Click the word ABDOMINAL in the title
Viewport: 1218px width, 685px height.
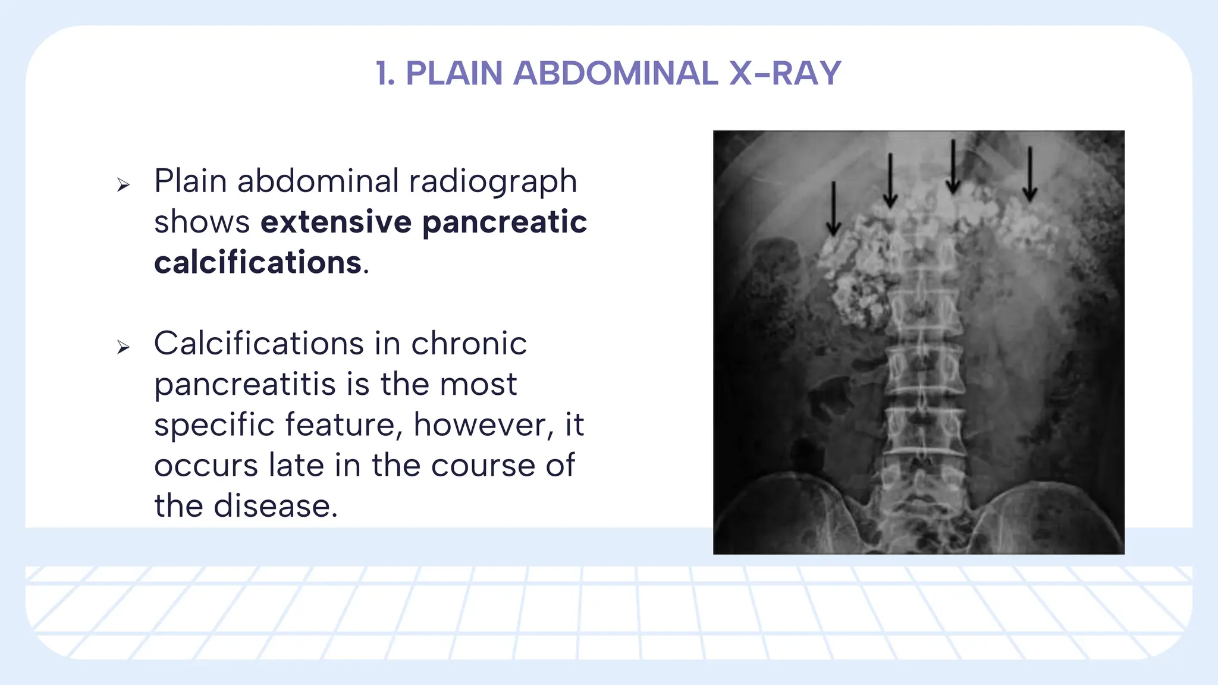(x=615, y=74)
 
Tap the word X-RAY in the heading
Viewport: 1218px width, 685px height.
(x=785, y=74)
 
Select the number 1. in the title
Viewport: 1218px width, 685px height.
(x=385, y=74)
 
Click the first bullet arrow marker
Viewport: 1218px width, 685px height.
(x=123, y=185)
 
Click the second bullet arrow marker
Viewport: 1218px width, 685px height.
(x=123, y=347)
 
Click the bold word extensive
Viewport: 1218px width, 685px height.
(x=336, y=222)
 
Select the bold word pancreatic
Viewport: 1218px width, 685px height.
(x=504, y=222)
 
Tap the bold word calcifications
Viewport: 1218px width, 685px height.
(x=258, y=262)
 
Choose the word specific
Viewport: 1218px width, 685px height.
(x=214, y=425)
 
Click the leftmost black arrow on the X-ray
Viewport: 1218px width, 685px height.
(x=833, y=208)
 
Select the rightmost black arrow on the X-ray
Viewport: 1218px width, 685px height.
(x=1030, y=174)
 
